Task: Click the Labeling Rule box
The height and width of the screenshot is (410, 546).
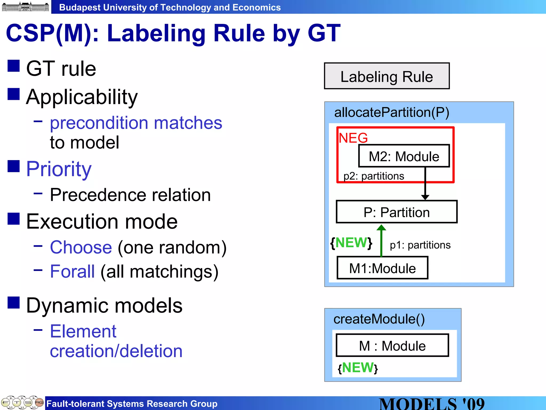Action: point(387,76)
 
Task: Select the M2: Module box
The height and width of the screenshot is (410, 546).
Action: point(404,156)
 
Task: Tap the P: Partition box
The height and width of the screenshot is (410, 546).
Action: point(396,212)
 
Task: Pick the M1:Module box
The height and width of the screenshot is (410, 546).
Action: point(382,268)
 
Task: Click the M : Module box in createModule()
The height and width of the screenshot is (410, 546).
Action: point(392,345)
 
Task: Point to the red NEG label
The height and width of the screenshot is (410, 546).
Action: point(353,138)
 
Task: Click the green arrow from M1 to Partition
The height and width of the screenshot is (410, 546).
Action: point(381,242)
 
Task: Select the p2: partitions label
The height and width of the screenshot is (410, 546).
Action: point(374,176)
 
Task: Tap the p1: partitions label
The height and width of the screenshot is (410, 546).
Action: point(420,245)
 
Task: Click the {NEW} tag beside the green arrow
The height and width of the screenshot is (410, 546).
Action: point(351,243)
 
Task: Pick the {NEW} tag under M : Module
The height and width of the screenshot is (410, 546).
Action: point(358,368)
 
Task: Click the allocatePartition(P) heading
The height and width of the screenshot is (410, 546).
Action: point(392,112)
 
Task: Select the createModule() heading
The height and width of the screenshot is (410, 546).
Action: point(379,319)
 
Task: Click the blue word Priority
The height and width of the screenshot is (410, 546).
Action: point(59,169)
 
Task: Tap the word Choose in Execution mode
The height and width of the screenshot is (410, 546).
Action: point(81,247)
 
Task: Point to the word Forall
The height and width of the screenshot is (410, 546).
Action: point(72,271)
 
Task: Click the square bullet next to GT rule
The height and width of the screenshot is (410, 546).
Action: point(14,66)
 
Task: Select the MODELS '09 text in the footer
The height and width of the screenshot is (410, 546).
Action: point(432,404)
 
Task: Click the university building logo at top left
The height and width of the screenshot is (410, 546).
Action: point(25,7)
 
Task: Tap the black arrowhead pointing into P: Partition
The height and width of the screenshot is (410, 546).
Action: point(425,197)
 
